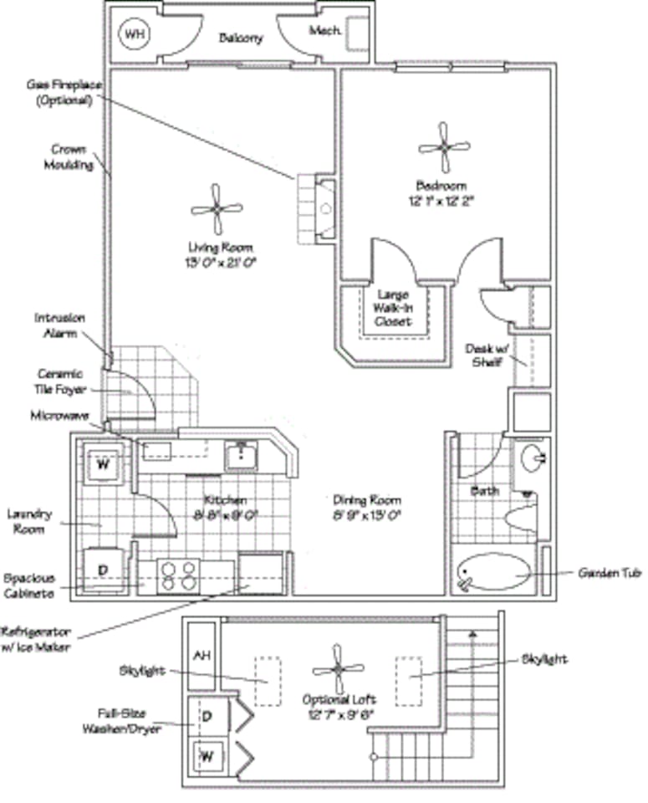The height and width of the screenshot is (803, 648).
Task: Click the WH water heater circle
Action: (133, 34)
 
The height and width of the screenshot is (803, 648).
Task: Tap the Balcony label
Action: (241, 38)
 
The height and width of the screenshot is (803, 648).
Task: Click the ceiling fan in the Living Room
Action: (217, 209)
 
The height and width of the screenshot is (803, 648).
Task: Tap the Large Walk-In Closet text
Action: (391, 308)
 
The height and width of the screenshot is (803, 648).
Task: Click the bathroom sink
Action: (532, 458)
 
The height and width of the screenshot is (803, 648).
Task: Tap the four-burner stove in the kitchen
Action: (179, 576)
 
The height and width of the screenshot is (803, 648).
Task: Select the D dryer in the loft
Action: (205, 716)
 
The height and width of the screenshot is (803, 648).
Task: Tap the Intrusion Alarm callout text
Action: (59, 325)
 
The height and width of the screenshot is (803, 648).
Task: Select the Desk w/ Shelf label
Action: (486, 354)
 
